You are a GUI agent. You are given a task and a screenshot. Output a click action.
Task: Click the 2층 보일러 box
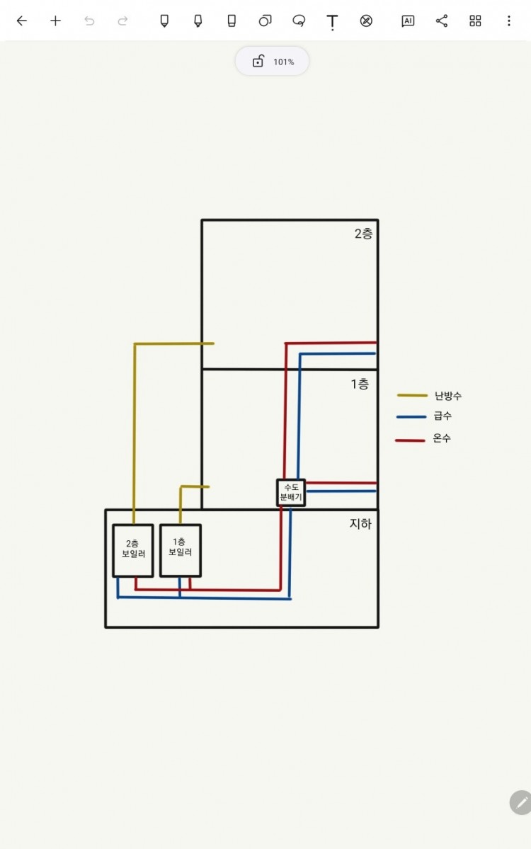coord(133,550)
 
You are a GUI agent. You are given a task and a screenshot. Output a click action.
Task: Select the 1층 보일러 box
coord(180,549)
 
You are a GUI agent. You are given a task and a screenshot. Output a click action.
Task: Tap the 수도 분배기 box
coord(290,492)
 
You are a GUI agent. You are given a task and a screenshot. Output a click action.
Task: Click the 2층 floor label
coord(363,234)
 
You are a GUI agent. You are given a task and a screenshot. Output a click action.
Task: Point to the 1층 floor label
coord(360,384)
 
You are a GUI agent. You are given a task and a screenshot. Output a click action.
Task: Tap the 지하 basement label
coord(360,524)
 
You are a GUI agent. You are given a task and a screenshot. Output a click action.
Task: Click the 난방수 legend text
coord(448,396)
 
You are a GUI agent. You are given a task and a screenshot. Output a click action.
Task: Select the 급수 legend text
coord(442,416)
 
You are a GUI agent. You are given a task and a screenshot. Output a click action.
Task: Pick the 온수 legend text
coord(442,439)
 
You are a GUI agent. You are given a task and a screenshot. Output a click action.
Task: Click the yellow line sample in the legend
coord(412,395)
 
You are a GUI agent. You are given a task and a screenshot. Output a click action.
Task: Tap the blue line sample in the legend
coord(411,416)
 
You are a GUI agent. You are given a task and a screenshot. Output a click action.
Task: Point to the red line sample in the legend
coord(410,440)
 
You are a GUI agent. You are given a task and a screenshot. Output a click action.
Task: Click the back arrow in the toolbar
coord(22,21)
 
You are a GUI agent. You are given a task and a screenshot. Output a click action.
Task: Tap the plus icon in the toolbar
coord(55,21)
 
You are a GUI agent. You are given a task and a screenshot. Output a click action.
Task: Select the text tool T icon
coord(332,21)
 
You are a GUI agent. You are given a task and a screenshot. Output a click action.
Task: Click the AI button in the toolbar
coord(408,21)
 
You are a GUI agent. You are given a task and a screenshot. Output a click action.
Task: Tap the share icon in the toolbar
coord(442,21)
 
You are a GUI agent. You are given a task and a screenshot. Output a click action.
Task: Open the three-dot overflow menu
coord(508,21)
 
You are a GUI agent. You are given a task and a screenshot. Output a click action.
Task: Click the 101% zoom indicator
coord(273,62)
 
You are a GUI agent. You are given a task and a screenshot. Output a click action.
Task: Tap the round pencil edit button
coord(521,802)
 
